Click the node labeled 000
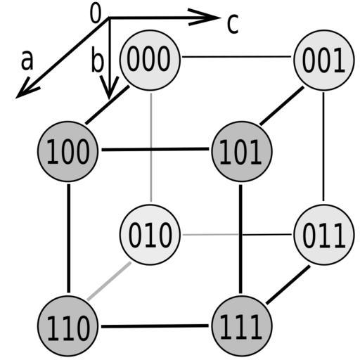click(x=150, y=60)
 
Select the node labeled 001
click(x=324, y=60)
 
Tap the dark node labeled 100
click(x=67, y=151)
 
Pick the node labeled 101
click(x=242, y=151)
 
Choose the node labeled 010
click(x=150, y=235)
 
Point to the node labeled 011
click(x=324, y=235)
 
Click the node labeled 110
click(x=67, y=326)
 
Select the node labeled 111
click(x=242, y=326)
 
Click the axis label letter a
click(x=27, y=60)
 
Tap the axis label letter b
click(x=97, y=59)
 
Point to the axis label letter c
click(x=233, y=24)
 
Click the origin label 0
click(x=96, y=14)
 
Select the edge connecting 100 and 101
click(x=155, y=149)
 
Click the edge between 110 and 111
click(x=155, y=326)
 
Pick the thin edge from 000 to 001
click(x=236, y=57)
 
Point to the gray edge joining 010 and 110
click(x=109, y=281)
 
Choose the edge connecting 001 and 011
click(x=323, y=147)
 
